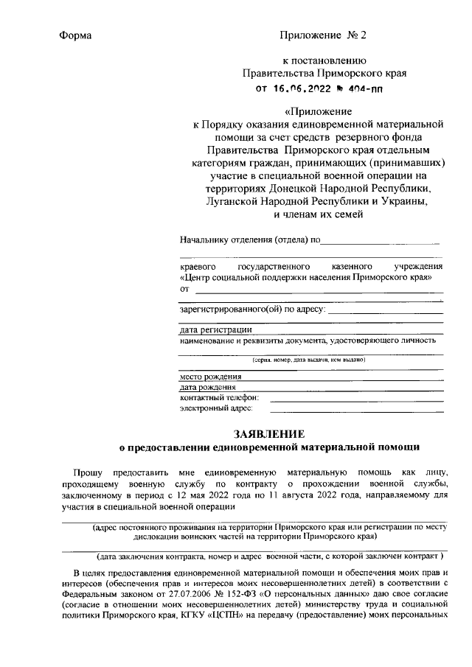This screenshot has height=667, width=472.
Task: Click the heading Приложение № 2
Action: tap(323, 35)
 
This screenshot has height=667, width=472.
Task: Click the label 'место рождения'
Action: tap(211, 376)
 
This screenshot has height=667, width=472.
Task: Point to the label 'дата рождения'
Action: tap(208, 387)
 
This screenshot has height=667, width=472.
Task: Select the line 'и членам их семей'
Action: tap(317, 214)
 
